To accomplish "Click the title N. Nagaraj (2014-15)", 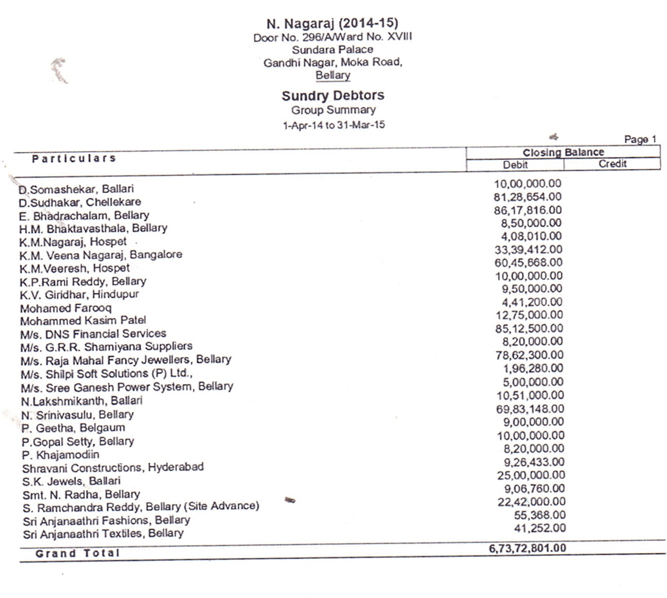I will (332, 24).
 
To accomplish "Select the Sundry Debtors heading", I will (333, 96).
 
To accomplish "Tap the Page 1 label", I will (640, 140).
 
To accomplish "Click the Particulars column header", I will (74, 158).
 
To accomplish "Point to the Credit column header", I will (612, 164).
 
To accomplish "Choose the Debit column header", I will (515, 165).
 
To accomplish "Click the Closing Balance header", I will (563, 153).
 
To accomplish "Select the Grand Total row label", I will (77, 553).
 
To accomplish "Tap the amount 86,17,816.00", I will (528, 210).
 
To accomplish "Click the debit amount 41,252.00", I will (541, 528).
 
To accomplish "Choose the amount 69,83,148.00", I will (530, 409).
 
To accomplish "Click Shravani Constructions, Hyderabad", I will (113, 468).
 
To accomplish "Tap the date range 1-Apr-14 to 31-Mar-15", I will (333, 125).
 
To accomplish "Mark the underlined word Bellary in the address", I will (333, 75).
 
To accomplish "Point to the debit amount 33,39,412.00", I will (528, 250).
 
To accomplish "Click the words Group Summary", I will (333, 110).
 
